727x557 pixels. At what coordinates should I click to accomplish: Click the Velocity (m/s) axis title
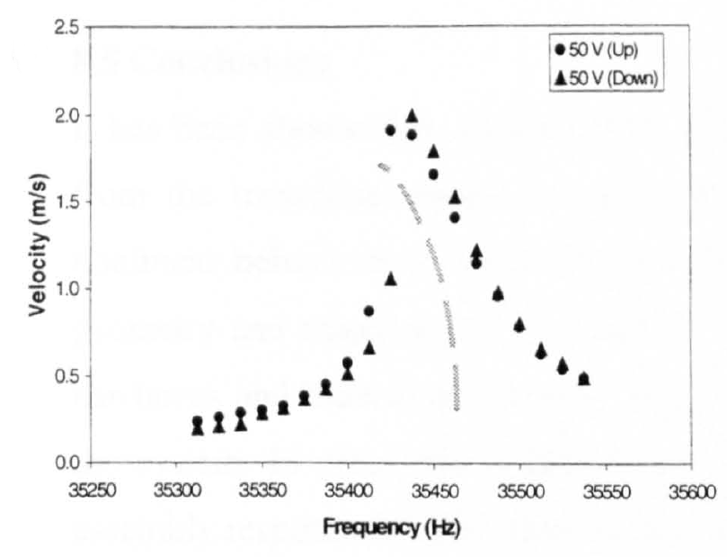pos(37,245)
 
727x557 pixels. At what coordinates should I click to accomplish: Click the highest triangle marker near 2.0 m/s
pos(412,115)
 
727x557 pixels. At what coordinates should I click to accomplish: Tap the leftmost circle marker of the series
pos(197,421)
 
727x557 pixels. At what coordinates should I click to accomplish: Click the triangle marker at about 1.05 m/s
pos(391,279)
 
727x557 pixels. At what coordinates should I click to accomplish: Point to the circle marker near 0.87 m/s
pos(368,310)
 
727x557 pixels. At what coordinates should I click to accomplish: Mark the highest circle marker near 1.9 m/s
pos(390,130)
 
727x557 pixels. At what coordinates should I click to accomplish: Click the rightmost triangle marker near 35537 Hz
pos(584,378)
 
